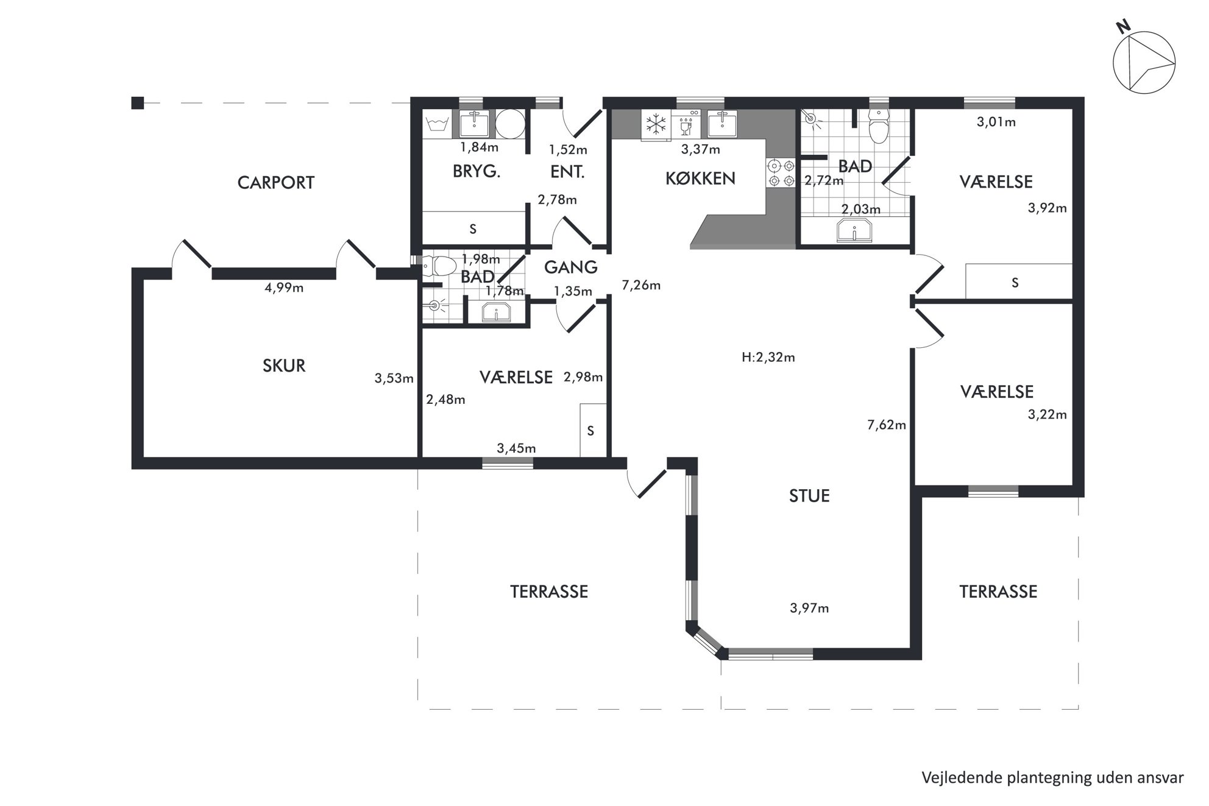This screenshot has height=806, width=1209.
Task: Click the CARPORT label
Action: (276, 183)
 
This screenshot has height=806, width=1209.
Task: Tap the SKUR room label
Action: (284, 366)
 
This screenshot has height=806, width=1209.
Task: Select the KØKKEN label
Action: (700, 178)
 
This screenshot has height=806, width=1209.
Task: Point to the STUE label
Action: (809, 496)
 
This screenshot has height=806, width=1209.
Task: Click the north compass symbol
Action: (1143, 61)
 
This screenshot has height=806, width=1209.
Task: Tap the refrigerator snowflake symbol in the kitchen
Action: (656, 125)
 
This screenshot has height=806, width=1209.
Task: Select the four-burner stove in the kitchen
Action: (781, 172)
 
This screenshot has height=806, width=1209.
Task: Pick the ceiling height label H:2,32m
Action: (768, 358)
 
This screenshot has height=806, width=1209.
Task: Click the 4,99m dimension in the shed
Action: (284, 288)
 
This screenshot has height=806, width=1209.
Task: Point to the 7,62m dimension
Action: (887, 425)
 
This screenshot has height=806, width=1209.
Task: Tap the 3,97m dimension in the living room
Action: (809, 608)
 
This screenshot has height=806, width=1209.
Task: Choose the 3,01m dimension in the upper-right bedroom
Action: (996, 122)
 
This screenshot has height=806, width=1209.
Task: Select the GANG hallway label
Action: (571, 267)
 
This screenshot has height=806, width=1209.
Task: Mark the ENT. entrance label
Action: (567, 172)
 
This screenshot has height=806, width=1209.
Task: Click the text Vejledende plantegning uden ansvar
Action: (1052, 778)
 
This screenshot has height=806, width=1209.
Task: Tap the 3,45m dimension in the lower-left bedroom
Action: (516, 448)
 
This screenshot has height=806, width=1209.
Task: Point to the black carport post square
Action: (138, 103)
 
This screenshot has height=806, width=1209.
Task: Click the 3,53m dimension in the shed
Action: (394, 378)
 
